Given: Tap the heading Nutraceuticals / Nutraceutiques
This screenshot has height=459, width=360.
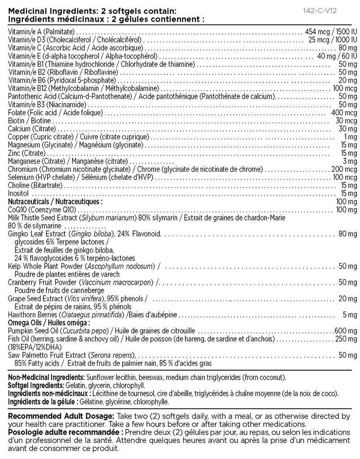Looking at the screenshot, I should click(x=55, y=202).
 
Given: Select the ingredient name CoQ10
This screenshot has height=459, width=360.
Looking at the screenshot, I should click(x=18, y=209).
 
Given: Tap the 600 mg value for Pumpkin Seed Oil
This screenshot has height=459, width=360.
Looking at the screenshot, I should click(x=344, y=330).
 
